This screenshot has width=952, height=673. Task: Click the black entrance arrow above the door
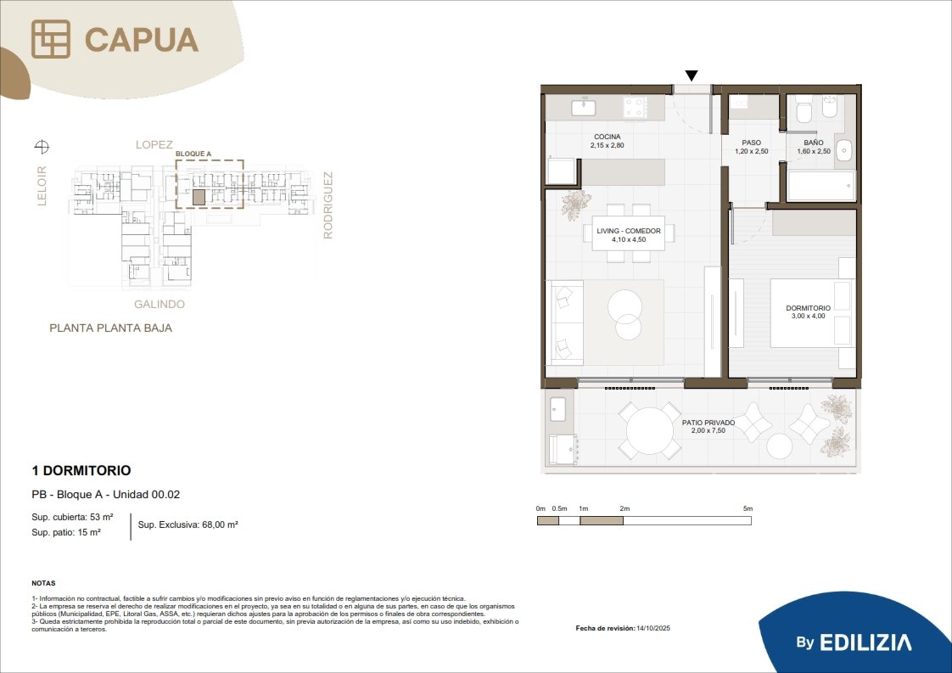click(x=692, y=76)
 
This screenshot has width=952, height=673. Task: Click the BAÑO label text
click(x=814, y=143)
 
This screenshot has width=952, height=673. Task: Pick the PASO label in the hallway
click(x=751, y=143)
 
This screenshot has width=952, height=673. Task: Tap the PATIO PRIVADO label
click(x=708, y=423)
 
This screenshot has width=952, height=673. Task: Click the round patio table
click(x=650, y=430)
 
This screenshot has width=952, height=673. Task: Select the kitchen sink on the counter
click(x=584, y=108)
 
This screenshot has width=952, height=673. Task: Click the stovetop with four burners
click(x=635, y=108)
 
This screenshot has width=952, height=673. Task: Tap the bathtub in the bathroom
click(x=820, y=185)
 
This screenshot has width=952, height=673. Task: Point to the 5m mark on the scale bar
click(x=748, y=508)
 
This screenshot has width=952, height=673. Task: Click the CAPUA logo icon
click(x=50, y=39)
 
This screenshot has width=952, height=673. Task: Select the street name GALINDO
click(x=159, y=305)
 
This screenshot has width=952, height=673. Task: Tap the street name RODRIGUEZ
click(x=328, y=205)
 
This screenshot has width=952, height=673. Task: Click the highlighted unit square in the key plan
click(x=199, y=197)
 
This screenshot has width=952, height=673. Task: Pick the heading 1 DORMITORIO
click(x=81, y=470)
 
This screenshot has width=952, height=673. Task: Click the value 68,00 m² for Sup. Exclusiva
click(x=220, y=524)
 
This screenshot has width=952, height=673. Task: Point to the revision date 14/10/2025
click(x=653, y=628)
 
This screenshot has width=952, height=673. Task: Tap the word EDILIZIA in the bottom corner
click(x=865, y=642)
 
